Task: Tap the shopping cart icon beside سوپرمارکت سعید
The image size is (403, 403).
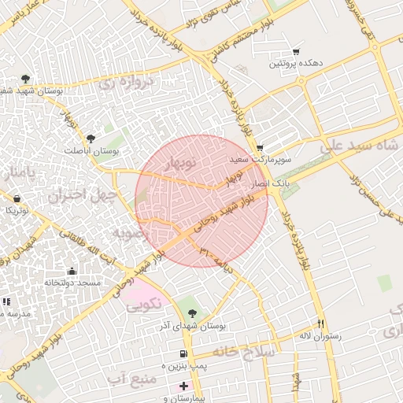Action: tap(260, 148)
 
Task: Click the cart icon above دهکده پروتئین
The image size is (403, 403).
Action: tap(296, 51)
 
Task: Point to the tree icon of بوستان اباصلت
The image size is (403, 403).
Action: tap(91, 139)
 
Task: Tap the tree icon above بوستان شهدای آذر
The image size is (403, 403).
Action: tap(193, 313)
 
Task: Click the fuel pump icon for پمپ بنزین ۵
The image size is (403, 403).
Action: tap(183, 354)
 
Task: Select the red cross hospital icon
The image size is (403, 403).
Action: tap(184, 386)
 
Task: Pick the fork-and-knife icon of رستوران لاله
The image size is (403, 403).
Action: tap(321, 324)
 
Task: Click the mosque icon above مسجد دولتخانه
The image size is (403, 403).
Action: tap(72, 271)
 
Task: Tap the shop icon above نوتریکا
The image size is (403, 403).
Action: tap(17, 199)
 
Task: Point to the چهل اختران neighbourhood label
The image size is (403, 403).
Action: tap(83, 194)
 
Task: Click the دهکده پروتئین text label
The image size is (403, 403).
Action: tap(295, 63)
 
